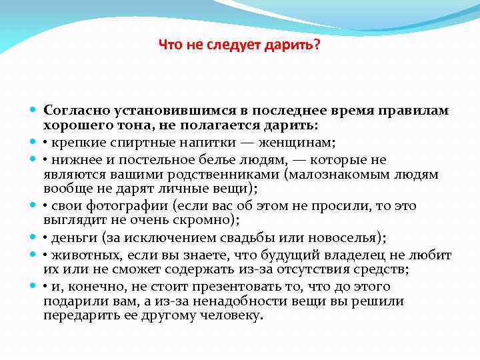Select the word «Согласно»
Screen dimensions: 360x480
[72, 109]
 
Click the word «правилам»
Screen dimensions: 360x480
[415, 109]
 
